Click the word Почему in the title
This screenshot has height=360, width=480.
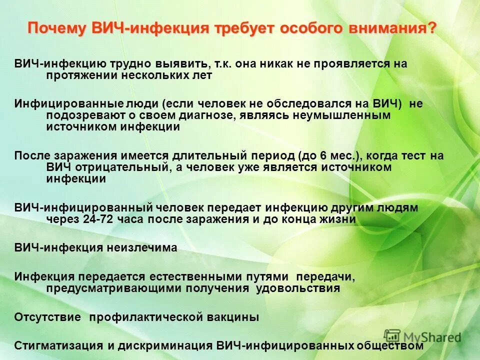click(x=57, y=28)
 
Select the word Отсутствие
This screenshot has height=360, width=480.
click(x=48, y=317)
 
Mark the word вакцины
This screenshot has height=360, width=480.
click(x=235, y=317)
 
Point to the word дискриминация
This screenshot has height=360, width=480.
click(x=168, y=345)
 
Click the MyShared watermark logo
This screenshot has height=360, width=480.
click(x=422, y=337)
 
